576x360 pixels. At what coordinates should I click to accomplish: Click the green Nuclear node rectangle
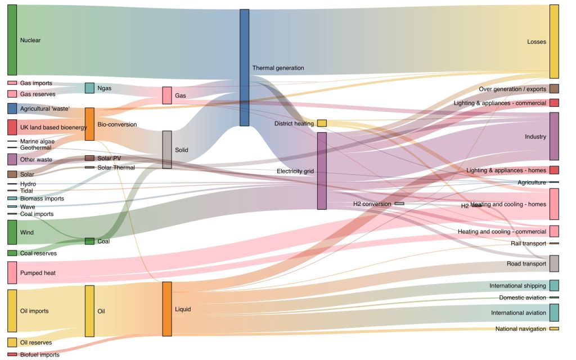[x=12, y=40]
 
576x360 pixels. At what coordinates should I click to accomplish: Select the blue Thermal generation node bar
[x=244, y=67]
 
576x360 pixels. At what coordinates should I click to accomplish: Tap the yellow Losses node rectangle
[x=554, y=42]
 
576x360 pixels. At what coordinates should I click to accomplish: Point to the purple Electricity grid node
[x=322, y=171]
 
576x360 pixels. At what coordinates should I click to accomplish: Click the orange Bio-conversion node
[x=89, y=124]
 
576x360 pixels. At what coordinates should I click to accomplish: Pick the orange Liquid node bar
[x=167, y=309]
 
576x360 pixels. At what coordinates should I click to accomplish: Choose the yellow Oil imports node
[x=12, y=310]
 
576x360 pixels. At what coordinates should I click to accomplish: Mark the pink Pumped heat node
[x=12, y=272]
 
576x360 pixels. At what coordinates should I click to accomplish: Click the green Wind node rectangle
[x=12, y=232]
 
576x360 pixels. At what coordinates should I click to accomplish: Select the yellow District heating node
[x=322, y=123]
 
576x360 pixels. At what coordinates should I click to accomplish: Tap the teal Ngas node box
[x=89, y=88]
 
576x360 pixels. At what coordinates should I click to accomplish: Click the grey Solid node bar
[x=167, y=150]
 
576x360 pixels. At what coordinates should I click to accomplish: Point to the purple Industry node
[x=554, y=136]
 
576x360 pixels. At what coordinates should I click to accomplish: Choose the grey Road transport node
[x=554, y=263]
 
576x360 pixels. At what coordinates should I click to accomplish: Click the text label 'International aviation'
[x=518, y=313]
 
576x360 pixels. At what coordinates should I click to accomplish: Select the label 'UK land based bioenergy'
[x=53, y=128]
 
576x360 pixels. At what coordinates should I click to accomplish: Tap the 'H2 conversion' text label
[x=372, y=204]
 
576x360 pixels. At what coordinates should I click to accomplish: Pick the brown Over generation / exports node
[x=554, y=89]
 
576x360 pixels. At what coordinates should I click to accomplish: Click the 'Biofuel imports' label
[x=39, y=355]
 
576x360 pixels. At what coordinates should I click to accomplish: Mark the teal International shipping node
[x=554, y=285]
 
